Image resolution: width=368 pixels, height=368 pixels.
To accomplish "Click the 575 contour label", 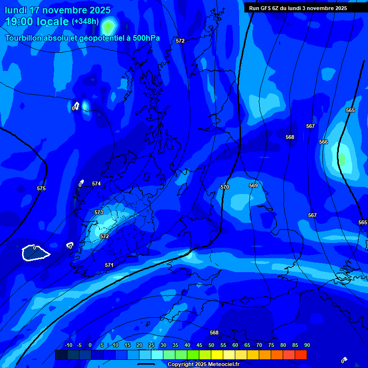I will [x=41, y=189].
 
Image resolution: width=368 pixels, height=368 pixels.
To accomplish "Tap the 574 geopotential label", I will [x=96, y=184].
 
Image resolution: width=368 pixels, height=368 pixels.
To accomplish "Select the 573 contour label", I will [x=99, y=212].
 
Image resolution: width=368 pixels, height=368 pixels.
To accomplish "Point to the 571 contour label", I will [x=109, y=265].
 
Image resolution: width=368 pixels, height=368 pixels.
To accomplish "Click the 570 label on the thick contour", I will [x=225, y=187].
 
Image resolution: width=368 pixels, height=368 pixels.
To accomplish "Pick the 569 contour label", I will [x=253, y=185].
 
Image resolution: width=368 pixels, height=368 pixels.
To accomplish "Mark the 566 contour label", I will [x=323, y=142].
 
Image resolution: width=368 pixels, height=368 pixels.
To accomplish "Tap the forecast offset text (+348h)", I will [x=85, y=22].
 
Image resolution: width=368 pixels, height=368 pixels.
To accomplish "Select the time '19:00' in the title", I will [x=20, y=22].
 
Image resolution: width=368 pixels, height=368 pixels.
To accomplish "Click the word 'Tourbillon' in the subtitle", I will [x=23, y=38].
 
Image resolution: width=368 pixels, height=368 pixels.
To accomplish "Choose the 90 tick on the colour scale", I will [x=307, y=345].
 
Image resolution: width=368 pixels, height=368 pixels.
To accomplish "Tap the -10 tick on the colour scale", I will [x=68, y=345].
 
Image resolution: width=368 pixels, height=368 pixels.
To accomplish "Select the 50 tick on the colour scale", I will [x=211, y=345].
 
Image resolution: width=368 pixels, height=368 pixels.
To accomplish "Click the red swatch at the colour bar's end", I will [x=300, y=355].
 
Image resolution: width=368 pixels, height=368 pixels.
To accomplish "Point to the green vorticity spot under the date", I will [x=109, y=26].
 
